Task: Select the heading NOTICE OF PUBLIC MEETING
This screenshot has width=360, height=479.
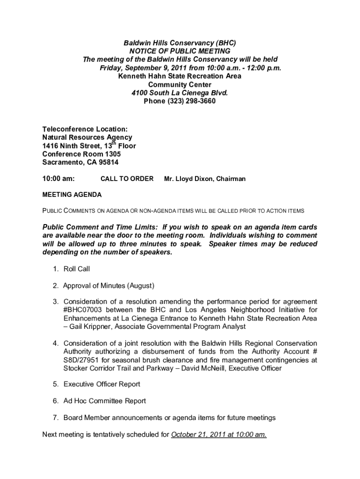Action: coord(180,51)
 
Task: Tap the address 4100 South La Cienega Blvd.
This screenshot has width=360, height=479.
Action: coord(180,93)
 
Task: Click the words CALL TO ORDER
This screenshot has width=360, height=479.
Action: coord(127,179)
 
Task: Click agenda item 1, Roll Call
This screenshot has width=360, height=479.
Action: coord(77,269)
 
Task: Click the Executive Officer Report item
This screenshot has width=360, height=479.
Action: coord(102,385)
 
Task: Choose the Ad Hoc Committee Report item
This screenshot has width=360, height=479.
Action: coord(105,401)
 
